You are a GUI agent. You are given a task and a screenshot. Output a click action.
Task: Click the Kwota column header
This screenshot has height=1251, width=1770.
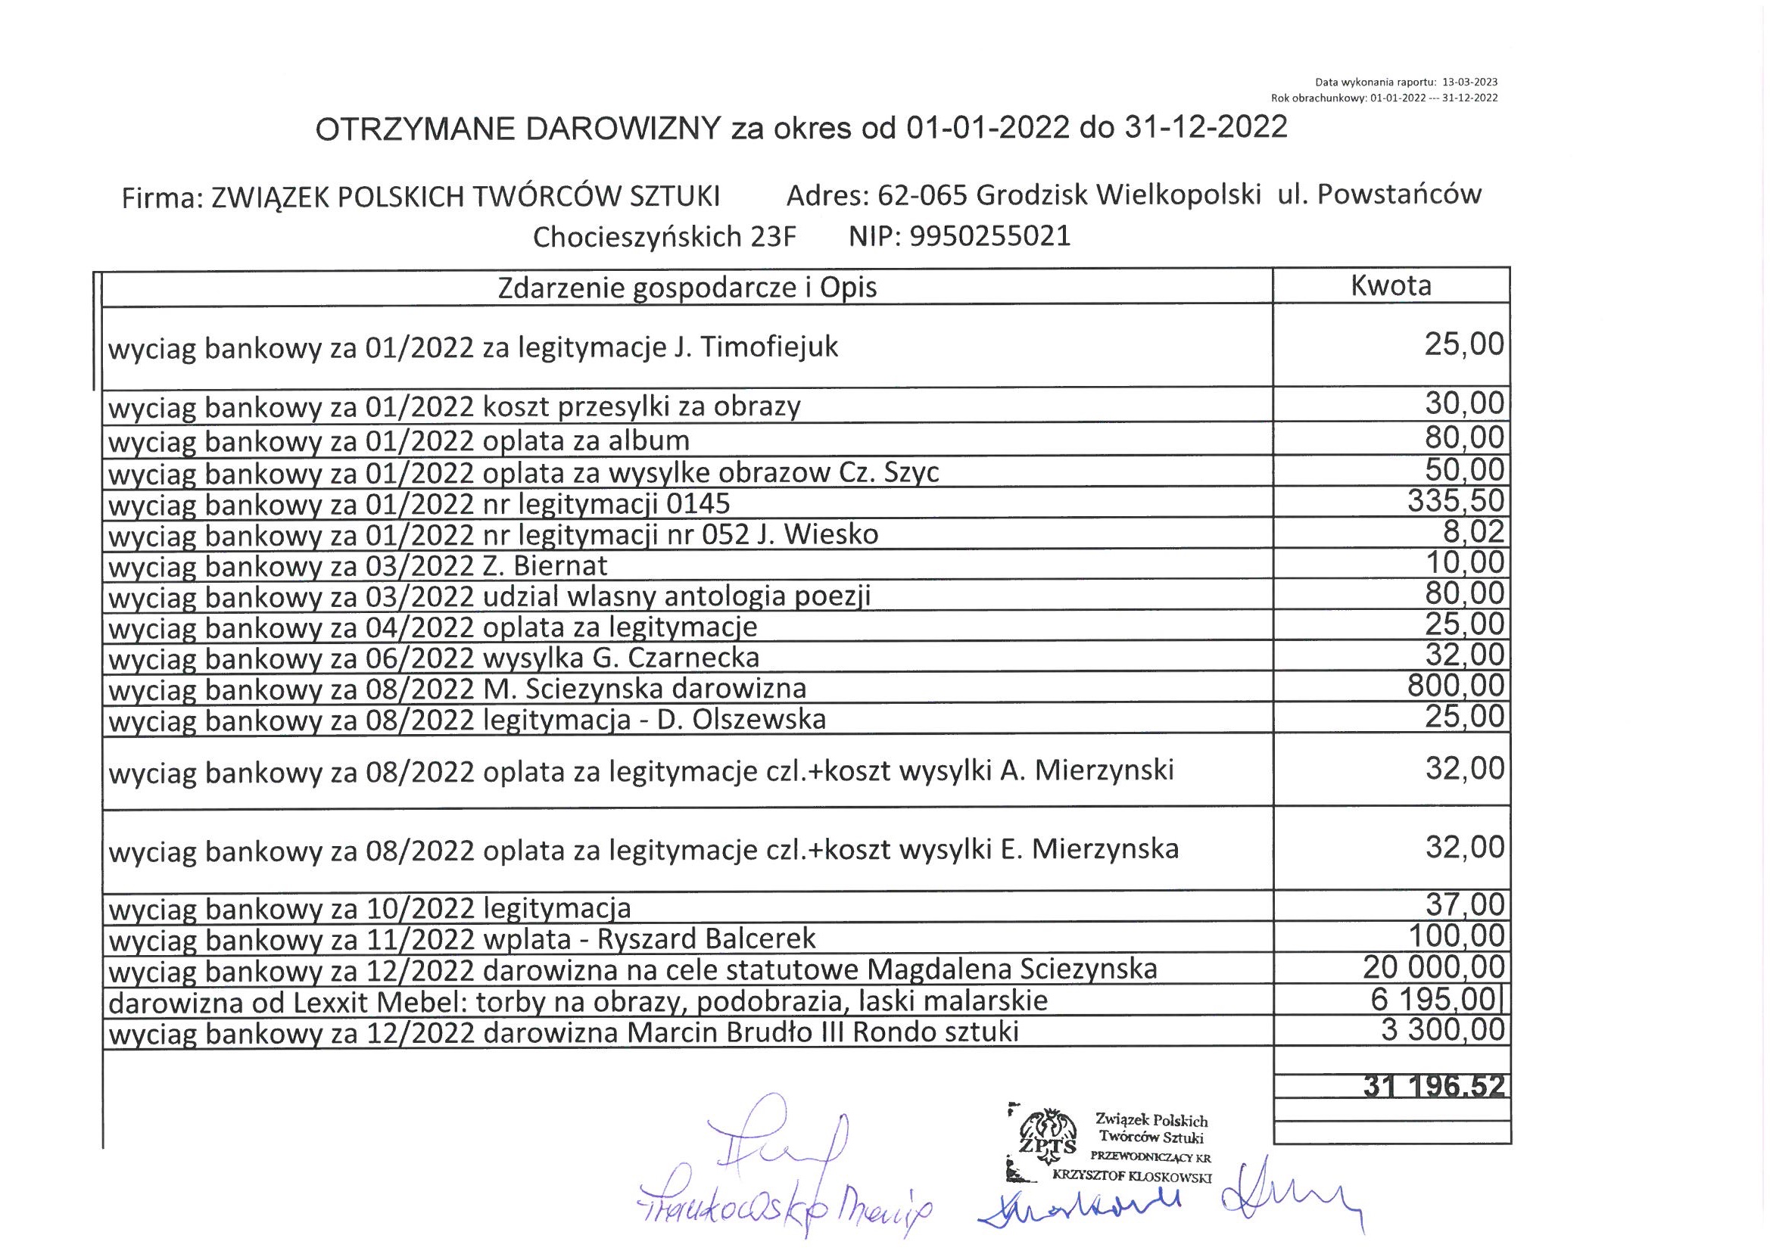(1390, 286)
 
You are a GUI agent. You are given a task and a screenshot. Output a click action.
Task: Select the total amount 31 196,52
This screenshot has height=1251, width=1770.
(1433, 1086)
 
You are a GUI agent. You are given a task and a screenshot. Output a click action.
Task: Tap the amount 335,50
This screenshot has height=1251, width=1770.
(1456, 501)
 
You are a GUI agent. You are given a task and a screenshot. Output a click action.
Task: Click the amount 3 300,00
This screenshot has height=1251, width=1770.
(1442, 1031)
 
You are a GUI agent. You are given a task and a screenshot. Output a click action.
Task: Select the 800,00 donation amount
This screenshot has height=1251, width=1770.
(1456, 685)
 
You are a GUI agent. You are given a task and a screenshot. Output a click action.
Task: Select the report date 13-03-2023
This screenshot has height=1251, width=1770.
(1469, 82)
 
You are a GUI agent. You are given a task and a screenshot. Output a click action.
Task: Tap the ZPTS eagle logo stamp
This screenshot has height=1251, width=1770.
(1047, 1136)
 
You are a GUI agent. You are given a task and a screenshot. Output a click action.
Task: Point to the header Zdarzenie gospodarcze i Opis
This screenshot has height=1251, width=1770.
(687, 288)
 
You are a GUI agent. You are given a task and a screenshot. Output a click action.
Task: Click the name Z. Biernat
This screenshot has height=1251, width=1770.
(545, 567)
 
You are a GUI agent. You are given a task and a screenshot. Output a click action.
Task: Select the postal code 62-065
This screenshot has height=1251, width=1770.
(922, 196)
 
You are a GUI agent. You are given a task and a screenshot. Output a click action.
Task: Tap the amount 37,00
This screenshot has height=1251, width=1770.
(1464, 904)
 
